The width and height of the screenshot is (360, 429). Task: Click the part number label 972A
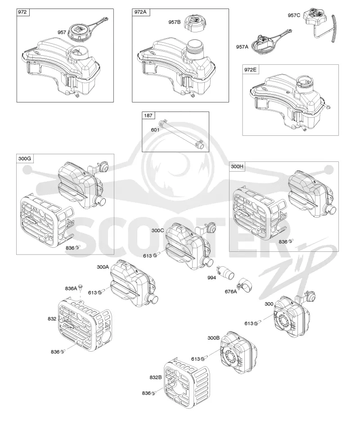click(x=141, y=12)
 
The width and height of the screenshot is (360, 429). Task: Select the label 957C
click(x=294, y=15)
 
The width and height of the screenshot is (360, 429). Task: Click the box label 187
click(x=148, y=116)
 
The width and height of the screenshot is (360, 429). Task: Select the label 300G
click(x=25, y=158)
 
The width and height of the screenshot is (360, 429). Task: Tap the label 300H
click(x=237, y=166)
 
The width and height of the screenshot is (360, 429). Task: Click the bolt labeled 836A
click(x=80, y=287)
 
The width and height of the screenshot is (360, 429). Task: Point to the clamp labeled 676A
click(x=245, y=285)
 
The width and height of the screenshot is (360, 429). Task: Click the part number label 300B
click(x=214, y=338)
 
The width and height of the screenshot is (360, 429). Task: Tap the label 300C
click(x=157, y=230)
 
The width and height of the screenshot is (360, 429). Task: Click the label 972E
click(x=251, y=70)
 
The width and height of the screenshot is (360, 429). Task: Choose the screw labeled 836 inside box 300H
click(x=291, y=241)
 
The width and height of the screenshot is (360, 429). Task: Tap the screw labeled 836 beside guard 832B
click(x=153, y=393)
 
